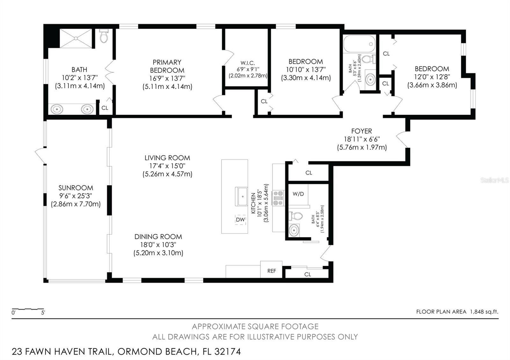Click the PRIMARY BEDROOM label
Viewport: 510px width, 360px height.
coord(167,66)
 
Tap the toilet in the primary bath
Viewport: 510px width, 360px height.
coord(104,36)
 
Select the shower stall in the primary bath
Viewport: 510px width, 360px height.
coord(76,39)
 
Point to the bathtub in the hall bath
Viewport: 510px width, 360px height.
coord(359,44)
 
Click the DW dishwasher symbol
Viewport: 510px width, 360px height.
coord(240,220)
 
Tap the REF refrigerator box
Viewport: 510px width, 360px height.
coord(271,270)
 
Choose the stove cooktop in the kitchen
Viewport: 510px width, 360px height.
coord(278,198)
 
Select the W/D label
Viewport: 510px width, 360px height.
coord(298,194)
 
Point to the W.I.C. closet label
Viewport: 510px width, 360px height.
coord(248,63)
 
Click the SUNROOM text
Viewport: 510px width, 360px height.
coord(76,188)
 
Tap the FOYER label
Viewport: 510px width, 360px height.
coord(361,131)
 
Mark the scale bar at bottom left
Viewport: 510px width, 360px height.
coord(28,309)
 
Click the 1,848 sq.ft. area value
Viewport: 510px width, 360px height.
coord(484,312)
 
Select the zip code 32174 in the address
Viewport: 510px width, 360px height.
coord(228,352)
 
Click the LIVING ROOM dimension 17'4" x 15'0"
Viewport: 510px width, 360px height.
coord(167,166)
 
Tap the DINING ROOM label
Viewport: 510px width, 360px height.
coord(158,237)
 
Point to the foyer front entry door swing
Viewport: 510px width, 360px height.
coord(402,140)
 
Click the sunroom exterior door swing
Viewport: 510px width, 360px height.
coord(40,156)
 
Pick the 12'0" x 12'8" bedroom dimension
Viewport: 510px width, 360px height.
coord(432,77)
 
